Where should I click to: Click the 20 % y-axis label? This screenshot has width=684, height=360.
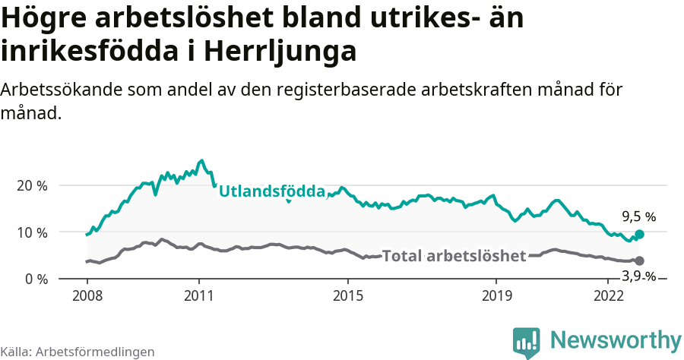click(x=31, y=185)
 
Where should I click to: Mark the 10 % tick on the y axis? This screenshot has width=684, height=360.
click(x=31, y=232)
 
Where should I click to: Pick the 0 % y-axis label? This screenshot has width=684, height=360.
click(x=35, y=279)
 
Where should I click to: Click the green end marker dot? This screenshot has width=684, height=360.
click(x=639, y=235)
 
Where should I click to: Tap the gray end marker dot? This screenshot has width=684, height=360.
click(x=639, y=261)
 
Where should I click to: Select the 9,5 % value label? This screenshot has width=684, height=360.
click(x=638, y=216)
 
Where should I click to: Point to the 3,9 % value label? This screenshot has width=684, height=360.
click(x=638, y=277)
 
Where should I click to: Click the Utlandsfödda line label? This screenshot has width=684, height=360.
click(x=272, y=191)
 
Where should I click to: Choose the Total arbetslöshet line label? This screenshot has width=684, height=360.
click(x=454, y=256)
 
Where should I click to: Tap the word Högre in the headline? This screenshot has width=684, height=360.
click(x=45, y=17)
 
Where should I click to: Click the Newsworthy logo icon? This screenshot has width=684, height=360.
click(x=527, y=342)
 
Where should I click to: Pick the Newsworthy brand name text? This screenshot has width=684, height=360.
click(x=616, y=339)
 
